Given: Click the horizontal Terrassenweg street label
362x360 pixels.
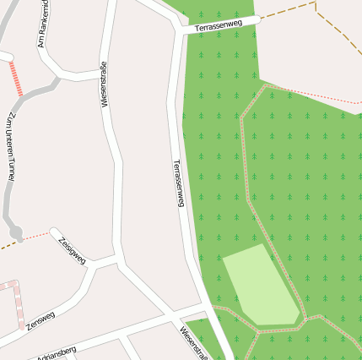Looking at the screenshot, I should tap(219, 25).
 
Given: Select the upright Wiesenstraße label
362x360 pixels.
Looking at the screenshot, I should tap(104, 84).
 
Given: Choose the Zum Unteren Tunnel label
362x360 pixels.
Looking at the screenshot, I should tap(10, 147).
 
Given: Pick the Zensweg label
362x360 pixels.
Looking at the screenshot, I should tap(40, 320).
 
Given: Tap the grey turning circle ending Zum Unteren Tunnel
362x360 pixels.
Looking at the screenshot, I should tap(15, 233).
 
